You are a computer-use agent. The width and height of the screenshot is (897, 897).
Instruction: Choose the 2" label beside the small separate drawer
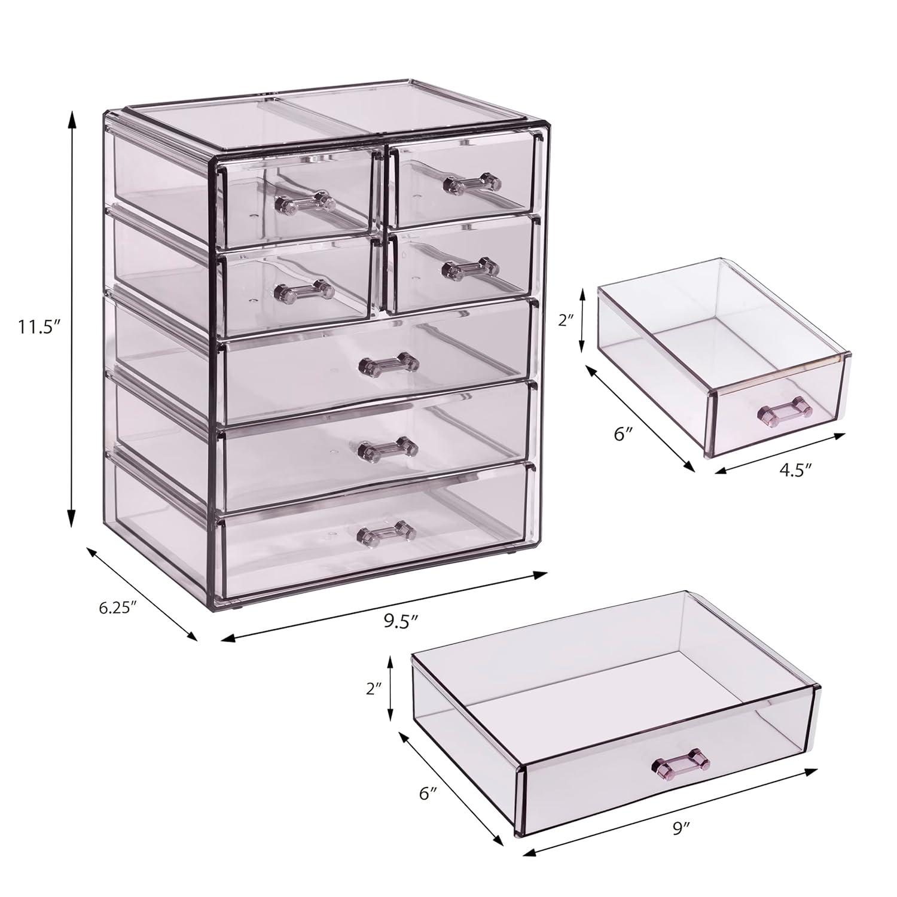(x=565, y=320)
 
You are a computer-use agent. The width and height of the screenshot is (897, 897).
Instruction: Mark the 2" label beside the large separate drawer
(x=375, y=688)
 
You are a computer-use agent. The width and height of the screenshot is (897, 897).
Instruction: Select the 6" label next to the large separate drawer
(x=429, y=794)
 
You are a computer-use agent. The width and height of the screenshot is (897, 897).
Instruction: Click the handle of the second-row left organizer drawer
(x=304, y=291)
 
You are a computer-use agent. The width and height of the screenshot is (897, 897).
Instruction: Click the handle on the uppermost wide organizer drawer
(x=388, y=363)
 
